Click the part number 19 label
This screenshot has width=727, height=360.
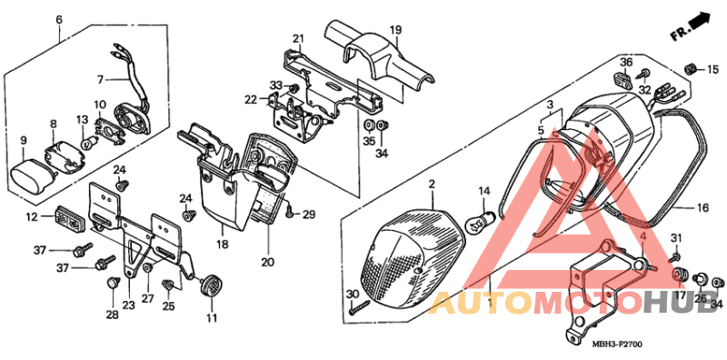396,30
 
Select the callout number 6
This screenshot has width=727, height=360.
59,19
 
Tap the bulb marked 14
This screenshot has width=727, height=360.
483,221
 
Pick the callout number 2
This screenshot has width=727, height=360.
432,185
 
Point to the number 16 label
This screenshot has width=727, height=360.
702,208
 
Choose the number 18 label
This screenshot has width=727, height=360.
222,245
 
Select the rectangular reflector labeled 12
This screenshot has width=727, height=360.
68,217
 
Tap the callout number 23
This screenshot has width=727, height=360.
128,305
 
